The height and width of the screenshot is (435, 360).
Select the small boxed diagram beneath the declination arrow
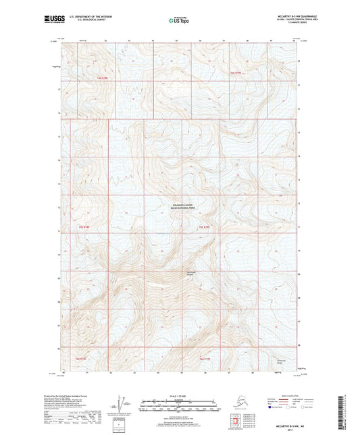click(x=122, y=424)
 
